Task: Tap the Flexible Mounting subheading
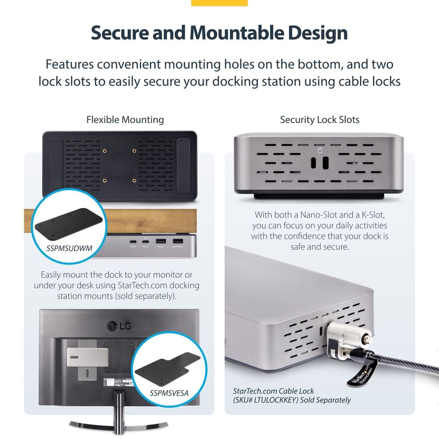tap(125, 120)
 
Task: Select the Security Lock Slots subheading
tap(319, 120)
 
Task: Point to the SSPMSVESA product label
tap(169, 393)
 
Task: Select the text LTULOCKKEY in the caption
tap(271, 400)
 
